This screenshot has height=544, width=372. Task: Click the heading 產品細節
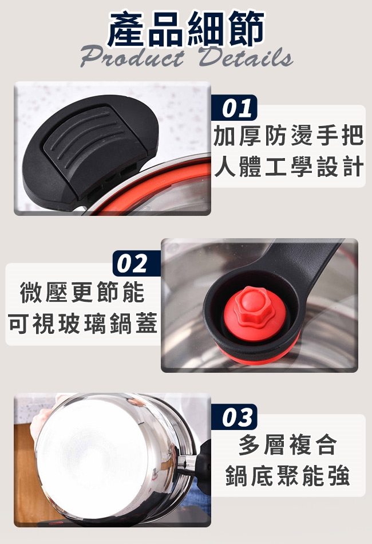pyautogui.click(x=186, y=29)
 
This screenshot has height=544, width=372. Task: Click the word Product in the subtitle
pyautogui.click(x=132, y=58)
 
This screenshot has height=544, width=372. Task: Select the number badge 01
pyautogui.click(x=235, y=108)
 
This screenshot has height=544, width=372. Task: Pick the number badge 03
pyautogui.click(x=235, y=417)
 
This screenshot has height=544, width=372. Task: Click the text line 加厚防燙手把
pyautogui.click(x=288, y=136)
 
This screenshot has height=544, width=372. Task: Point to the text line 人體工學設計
pyautogui.click(x=288, y=167)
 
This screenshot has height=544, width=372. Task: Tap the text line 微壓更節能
pyautogui.click(x=82, y=293)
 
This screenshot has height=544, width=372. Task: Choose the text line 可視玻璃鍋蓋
pyautogui.click(x=83, y=324)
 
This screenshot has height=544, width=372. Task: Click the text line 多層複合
pyautogui.click(x=288, y=445)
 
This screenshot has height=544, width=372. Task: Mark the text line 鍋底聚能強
pyautogui.click(x=288, y=476)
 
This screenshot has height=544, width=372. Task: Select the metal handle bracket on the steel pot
pyautogui.click(x=186, y=464)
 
